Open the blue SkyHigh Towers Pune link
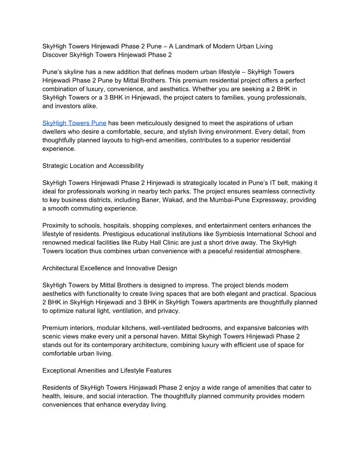pyautogui.click(x=74, y=123)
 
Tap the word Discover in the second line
pyautogui.click(x=55, y=55)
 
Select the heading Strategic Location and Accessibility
pyautogui.click(x=93, y=166)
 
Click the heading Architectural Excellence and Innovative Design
pyautogui.click(x=109, y=268)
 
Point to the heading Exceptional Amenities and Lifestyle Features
pyautogui.click(x=107, y=371)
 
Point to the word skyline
pyautogui.click(x=74, y=72)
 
